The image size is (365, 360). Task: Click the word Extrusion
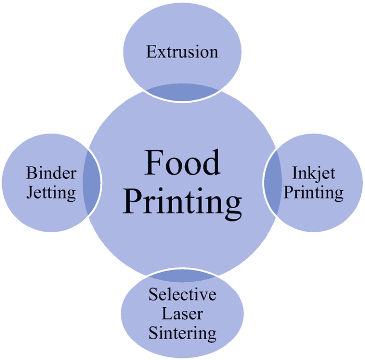[182, 52]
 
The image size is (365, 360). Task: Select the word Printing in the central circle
[182, 202]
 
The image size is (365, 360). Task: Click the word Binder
[51, 173]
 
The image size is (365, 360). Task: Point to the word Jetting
[51, 193]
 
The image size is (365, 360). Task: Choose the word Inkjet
[313, 173]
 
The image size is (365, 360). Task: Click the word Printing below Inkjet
[313, 193]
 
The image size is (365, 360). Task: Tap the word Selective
[182, 294]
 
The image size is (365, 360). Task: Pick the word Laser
[182, 314]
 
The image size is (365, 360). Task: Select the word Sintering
[182, 333]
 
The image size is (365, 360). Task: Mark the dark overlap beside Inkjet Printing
[272, 181]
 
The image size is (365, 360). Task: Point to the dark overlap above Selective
[182, 276]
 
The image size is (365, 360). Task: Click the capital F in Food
[154, 162]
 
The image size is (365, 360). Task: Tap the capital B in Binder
[30, 173]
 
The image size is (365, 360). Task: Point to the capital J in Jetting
[30, 192]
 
